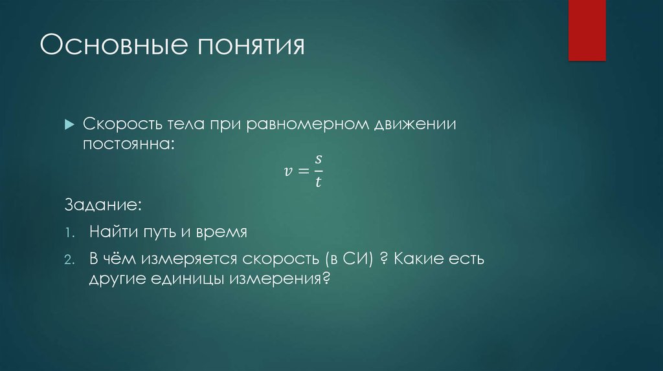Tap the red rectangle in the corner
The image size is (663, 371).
point(587,30)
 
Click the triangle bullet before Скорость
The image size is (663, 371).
point(70,124)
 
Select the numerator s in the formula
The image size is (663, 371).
point(318,160)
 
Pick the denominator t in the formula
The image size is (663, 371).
point(318,182)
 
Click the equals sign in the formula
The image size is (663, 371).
point(303,171)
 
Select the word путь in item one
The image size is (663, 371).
point(157,232)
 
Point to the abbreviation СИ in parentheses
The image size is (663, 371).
point(355,260)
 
